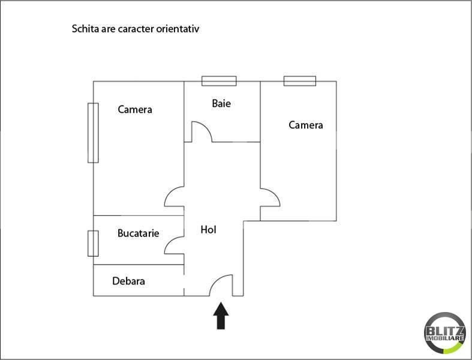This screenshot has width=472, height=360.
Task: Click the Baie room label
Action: pyautogui.click(x=221, y=103)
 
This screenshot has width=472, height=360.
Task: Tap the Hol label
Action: pyautogui.click(x=208, y=230)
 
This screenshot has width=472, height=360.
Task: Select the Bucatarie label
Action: pyautogui.click(x=138, y=233)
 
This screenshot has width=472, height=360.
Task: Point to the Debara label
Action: pyautogui.click(x=128, y=281)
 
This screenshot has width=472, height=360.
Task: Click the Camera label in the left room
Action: pyautogui.click(x=135, y=109)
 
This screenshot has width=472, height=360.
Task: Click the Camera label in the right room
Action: pyautogui.click(x=306, y=125)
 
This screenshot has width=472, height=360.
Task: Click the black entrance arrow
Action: pyautogui.click(x=221, y=316)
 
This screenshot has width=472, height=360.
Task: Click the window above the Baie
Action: pyautogui.click(x=219, y=81)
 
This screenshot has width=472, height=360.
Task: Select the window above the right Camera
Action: pyautogui.click(x=300, y=81)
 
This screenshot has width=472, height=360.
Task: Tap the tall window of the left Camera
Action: pyautogui.click(x=93, y=133)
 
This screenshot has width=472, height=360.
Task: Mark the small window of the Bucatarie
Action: pyautogui.click(x=93, y=244)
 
